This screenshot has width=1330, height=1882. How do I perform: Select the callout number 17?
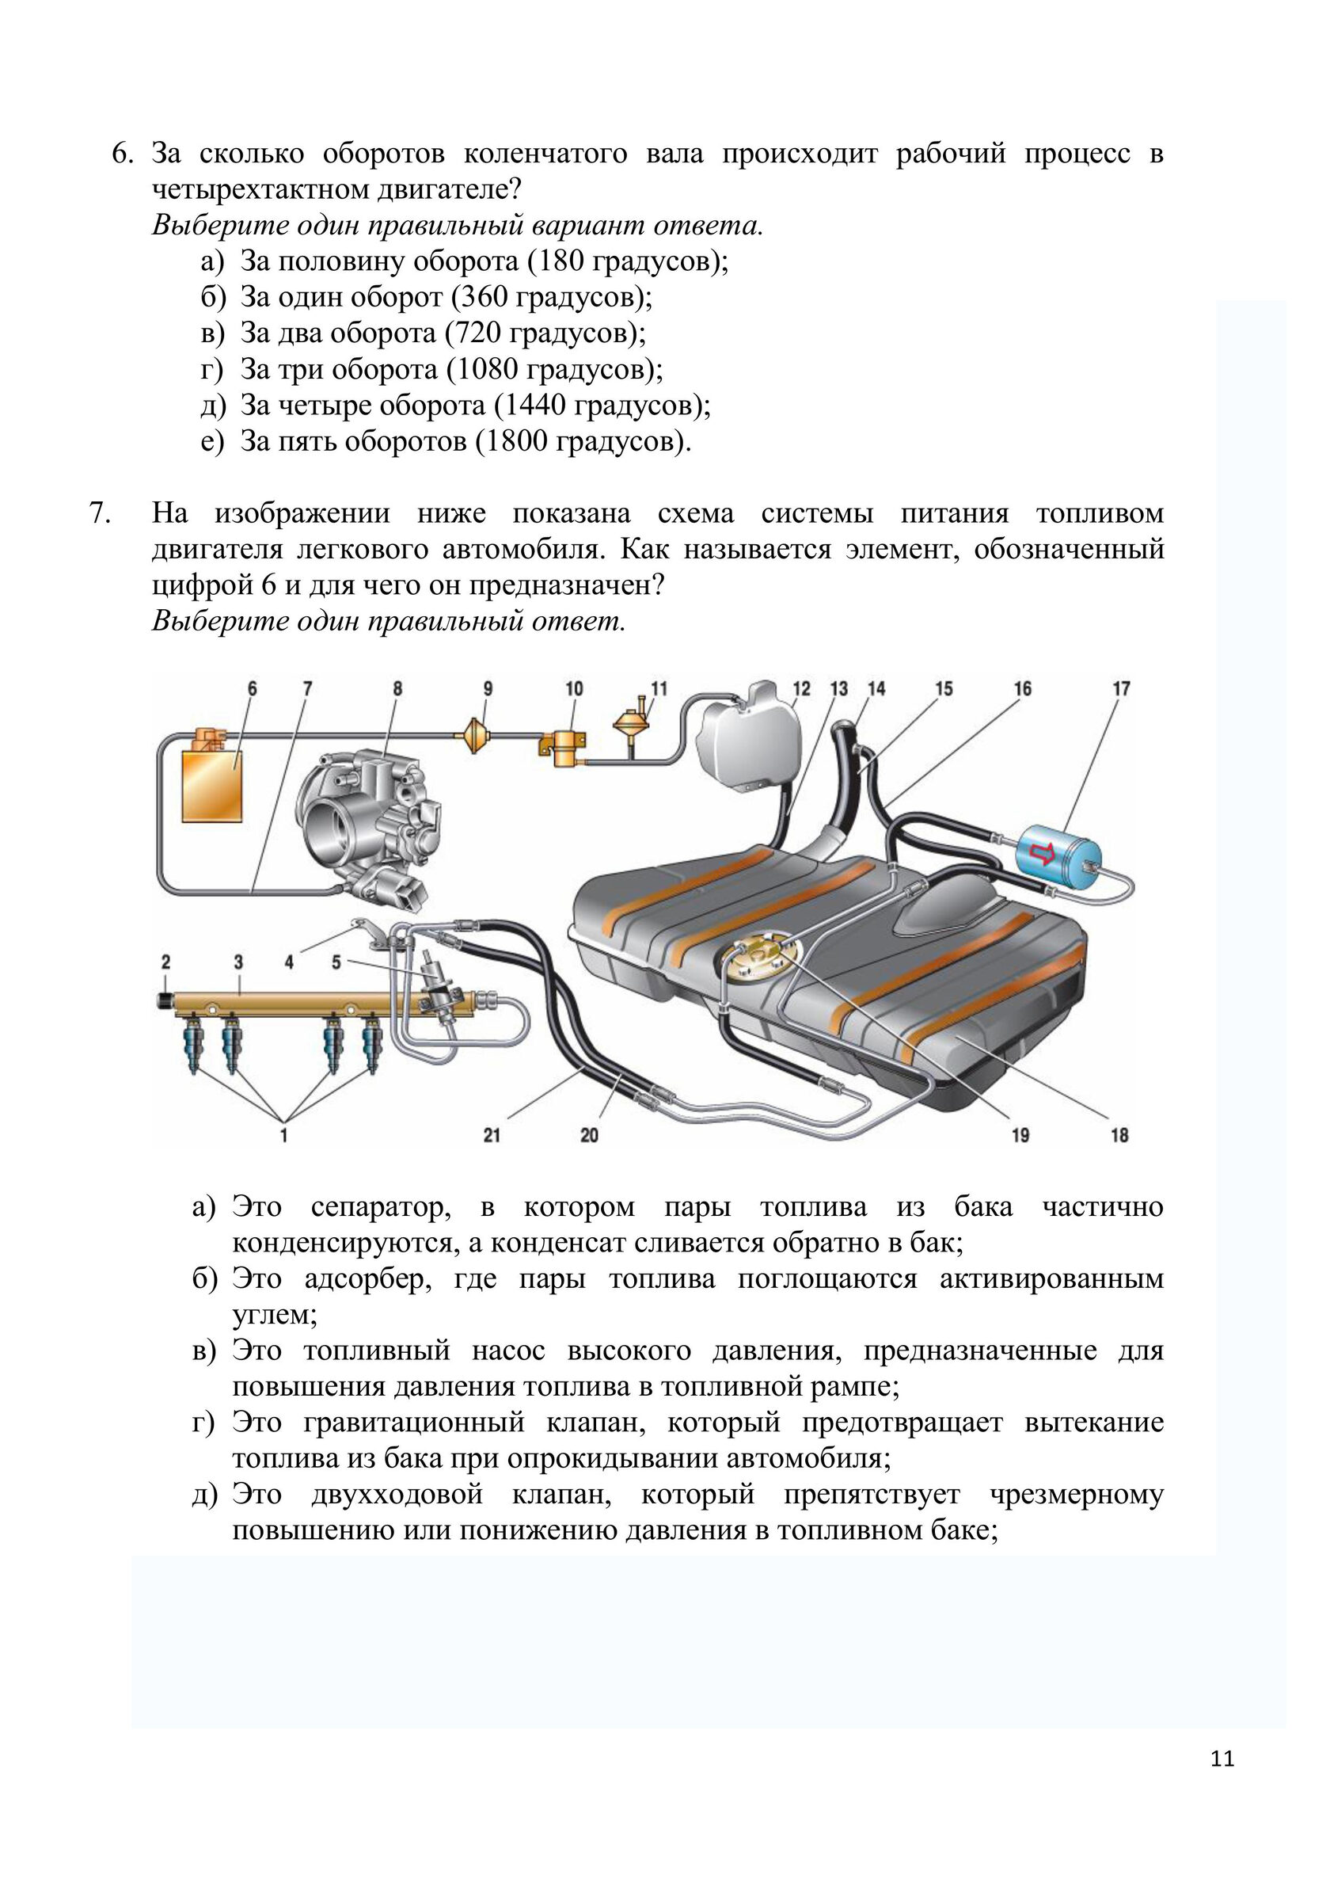coord(1121,688)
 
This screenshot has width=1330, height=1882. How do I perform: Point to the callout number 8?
coord(397,688)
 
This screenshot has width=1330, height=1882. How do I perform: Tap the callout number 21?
coord(492,1134)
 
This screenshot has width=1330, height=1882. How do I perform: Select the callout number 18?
coord(1119,1134)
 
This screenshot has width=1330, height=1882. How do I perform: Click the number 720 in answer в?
coord(476,333)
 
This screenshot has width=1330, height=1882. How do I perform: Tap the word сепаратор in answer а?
coord(381,1207)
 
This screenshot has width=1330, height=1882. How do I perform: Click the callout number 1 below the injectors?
coord(283,1134)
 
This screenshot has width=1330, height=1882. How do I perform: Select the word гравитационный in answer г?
coord(414,1421)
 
